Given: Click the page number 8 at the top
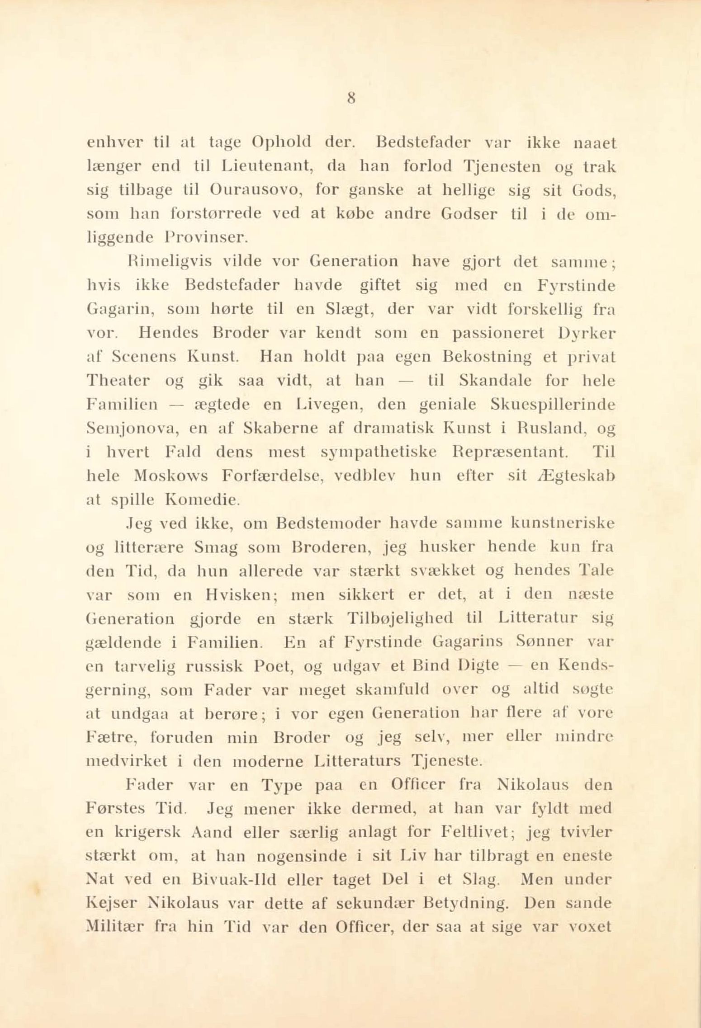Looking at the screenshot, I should point(350,99).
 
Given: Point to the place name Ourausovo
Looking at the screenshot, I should point(256,190).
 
